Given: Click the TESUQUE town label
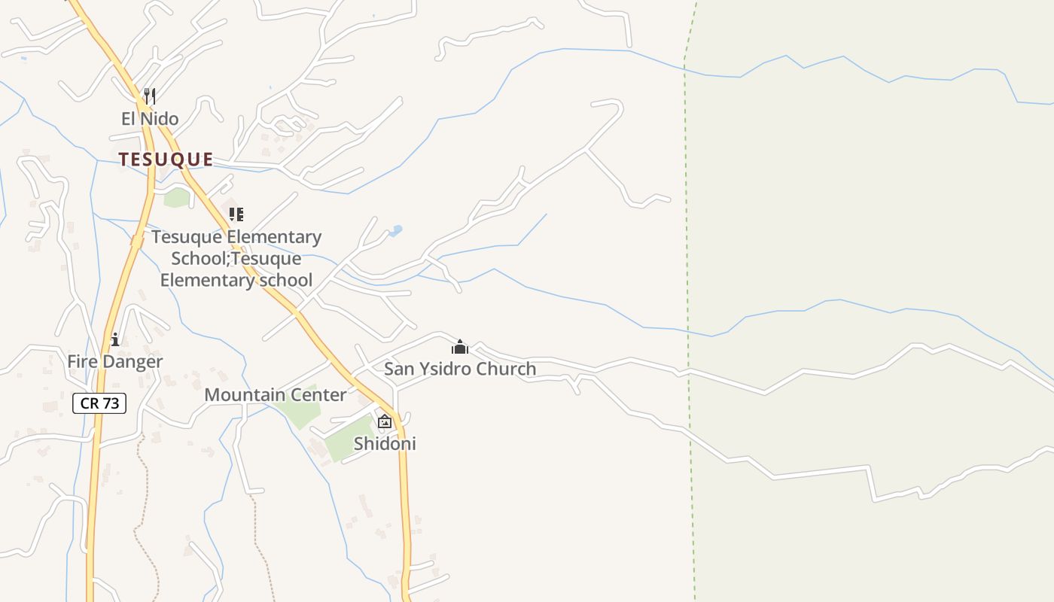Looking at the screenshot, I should click(166, 160).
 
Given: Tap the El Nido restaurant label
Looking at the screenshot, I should click(150, 119).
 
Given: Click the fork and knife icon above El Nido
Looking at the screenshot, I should click(150, 96).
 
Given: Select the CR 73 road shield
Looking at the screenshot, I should click(99, 403).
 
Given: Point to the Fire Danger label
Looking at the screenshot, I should click(114, 362).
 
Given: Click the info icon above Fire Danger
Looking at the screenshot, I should click(114, 340).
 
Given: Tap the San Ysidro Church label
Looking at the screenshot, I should click(460, 369).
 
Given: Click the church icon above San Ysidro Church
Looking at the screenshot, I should click(460, 347).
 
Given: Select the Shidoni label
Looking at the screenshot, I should click(385, 444).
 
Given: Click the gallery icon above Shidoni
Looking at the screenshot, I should click(385, 421).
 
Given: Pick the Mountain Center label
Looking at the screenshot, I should click(276, 395).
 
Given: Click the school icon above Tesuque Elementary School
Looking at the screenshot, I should click(236, 214).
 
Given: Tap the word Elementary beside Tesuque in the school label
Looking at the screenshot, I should click(274, 238).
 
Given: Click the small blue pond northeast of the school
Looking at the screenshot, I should click(395, 231).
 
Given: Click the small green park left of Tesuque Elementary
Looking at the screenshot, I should click(177, 198).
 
